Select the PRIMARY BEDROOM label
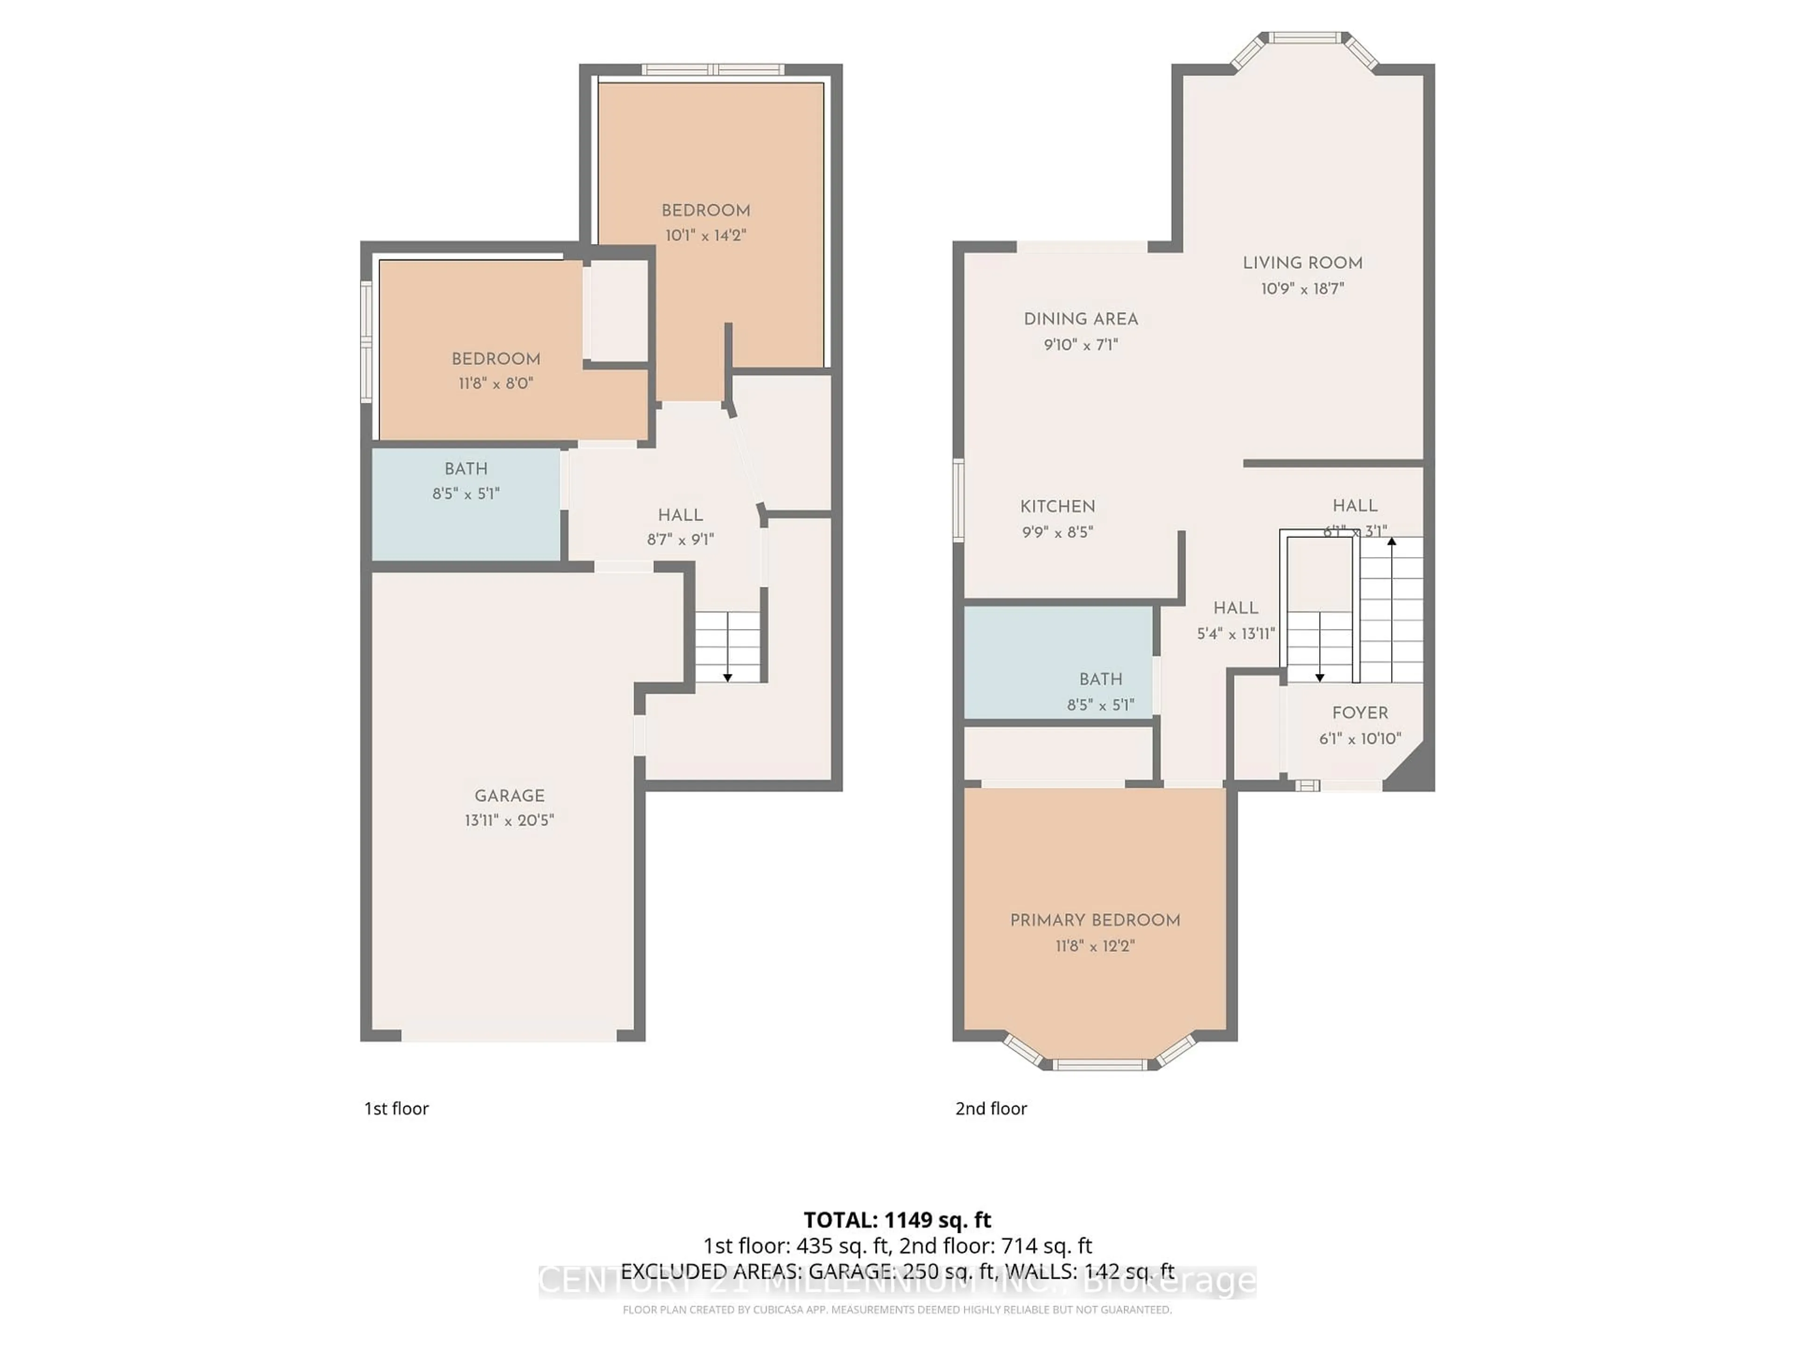[x=1095, y=920]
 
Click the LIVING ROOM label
[x=1302, y=263]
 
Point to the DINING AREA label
[x=1080, y=319]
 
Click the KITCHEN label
[x=1057, y=506]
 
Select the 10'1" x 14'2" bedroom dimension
[x=705, y=235]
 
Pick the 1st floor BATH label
[x=466, y=468]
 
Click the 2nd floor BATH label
[x=1100, y=679]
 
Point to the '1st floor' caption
[x=396, y=1108]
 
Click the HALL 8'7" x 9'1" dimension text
[x=680, y=539]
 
